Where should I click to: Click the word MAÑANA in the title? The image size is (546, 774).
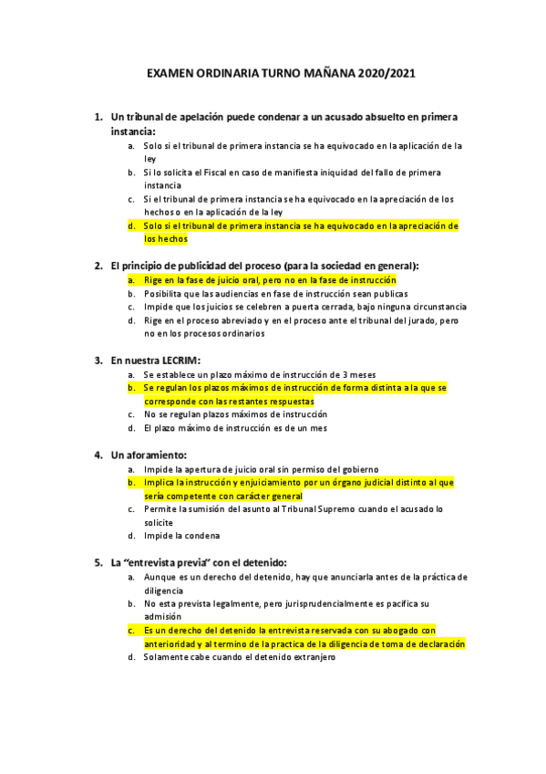tap(312, 73)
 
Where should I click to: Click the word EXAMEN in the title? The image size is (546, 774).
tap(176, 73)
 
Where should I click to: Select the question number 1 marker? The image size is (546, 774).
tap(98, 118)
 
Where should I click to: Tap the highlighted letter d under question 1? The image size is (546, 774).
tap(131, 225)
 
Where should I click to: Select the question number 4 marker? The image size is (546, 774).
tap(98, 454)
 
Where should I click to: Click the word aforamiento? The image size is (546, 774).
tap(156, 454)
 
